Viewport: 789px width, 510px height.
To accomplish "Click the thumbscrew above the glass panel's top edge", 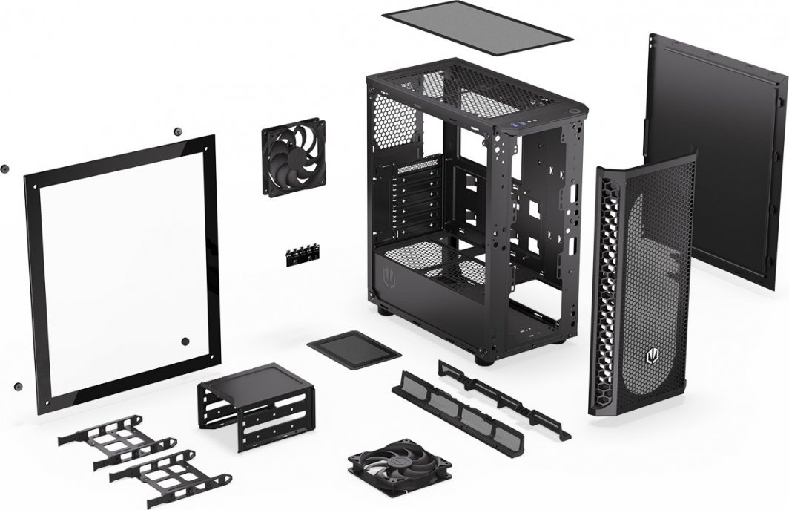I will coord(176,131).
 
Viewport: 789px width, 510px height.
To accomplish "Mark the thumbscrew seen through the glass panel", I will coord(185,341).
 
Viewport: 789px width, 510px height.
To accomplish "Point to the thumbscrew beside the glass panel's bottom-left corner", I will coord(16,386).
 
